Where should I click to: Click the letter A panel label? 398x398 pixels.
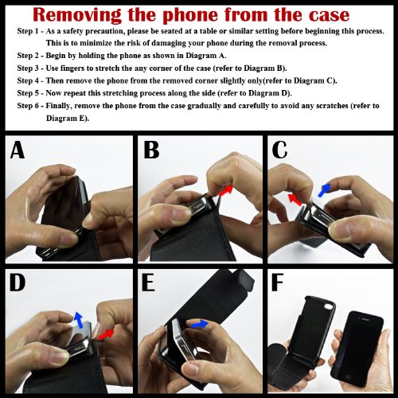pyautogui.click(x=18, y=150)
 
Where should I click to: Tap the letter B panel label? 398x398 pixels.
pyautogui.click(x=151, y=150)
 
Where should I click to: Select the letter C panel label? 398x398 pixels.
pyautogui.click(x=279, y=150)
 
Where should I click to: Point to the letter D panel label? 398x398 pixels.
pyautogui.click(x=18, y=283)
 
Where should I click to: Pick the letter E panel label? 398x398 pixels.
pyautogui.click(x=148, y=283)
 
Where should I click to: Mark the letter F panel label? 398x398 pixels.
pyautogui.click(x=278, y=283)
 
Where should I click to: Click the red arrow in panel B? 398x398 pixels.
pyautogui.click(x=226, y=190)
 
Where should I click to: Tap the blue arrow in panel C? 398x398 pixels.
pyautogui.click(x=324, y=190)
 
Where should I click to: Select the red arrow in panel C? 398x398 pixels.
pyautogui.click(x=295, y=199)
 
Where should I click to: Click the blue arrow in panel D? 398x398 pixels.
pyautogui.click(x=78, y=320)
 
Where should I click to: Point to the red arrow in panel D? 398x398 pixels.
pyautogui.click(x=105, y=335)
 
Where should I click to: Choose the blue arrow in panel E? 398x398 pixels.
pyautogui.click(x=200, y=324)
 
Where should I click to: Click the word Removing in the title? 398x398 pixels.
pyautogui.click(x=78, y=15)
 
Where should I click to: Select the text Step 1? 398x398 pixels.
pyautogui.click(x=28, y=31)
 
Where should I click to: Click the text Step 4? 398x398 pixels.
pyautogui.click(x=28, y=80)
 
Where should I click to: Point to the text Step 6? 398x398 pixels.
pyautogui.click(x=28, y=106)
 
